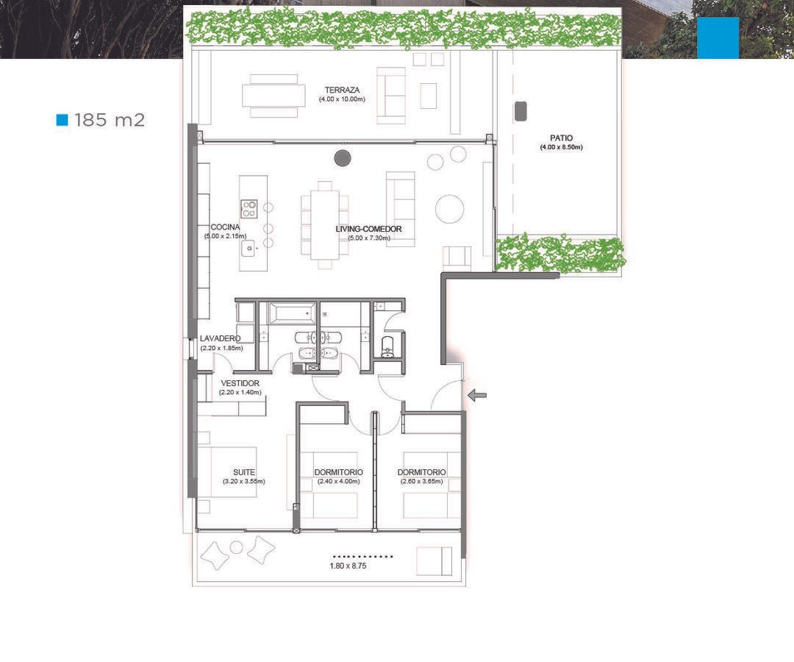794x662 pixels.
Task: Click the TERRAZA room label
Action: point(343,90)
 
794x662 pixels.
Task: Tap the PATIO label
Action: point(561,138)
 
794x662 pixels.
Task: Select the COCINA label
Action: point(226,227)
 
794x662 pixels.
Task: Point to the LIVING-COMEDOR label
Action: point(368,229)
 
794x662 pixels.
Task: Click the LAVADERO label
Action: point(221,338)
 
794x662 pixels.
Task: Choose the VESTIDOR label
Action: point(240,383)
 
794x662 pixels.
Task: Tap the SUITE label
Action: point(243,472)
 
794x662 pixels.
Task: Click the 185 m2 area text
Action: point(110,120)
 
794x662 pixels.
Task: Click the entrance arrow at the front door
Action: point(477,395)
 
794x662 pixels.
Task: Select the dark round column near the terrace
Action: point(343,158)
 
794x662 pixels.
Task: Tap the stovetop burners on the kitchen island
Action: point(249,209)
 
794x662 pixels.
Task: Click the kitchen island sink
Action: point(248,248)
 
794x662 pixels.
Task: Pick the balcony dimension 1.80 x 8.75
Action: point(348,566)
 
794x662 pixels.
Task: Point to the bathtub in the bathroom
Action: point(291,313)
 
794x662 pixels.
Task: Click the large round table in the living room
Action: point(450,209)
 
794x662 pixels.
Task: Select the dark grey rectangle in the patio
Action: point(521,111)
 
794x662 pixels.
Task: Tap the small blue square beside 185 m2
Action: point(62,120)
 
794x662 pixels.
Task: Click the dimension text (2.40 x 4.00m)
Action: point(339,481)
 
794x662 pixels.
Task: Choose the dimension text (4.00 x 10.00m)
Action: point(342,99)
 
